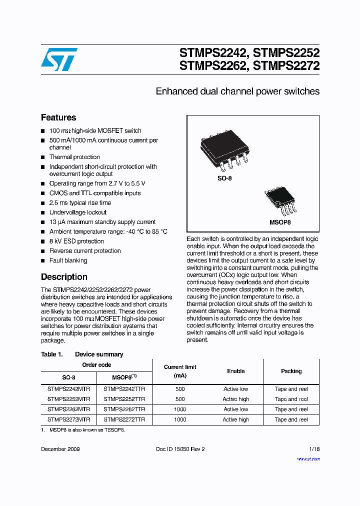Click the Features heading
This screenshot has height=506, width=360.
[58, 118]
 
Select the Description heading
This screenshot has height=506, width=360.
[64, 277]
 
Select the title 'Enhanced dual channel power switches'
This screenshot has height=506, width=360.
[237, 91]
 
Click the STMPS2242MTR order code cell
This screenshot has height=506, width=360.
[69, 389]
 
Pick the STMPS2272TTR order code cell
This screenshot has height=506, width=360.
[124, 419]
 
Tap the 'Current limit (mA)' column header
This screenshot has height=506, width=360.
[180, 371]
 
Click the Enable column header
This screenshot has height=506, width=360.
[235, 371]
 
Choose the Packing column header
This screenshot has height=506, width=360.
[291, 371]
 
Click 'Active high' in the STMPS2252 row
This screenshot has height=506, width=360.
[235, 399]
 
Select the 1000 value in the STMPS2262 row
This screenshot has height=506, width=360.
[180, 409]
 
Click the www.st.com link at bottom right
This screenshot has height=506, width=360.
[308, 459]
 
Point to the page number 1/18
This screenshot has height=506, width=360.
[314, 449]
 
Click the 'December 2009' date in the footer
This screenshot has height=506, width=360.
[60, 449]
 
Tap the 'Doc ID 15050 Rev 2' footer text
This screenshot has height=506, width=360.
[180, 449]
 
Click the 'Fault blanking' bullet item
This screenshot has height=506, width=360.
[68, 260]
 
